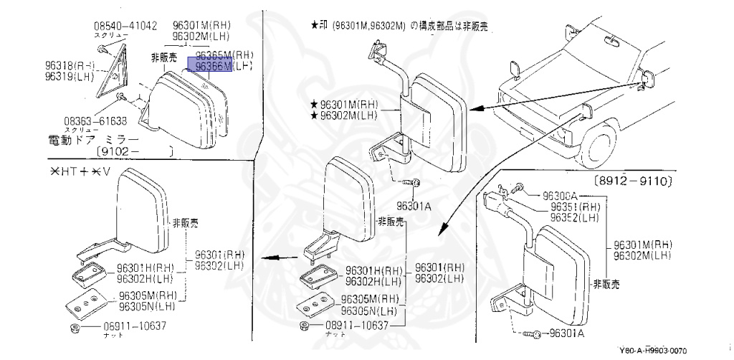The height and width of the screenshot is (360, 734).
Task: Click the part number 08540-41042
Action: (x=125, y=26)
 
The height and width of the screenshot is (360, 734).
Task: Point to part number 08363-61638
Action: (x=92, y=120)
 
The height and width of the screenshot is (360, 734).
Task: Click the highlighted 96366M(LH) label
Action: (x=223, y=66)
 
